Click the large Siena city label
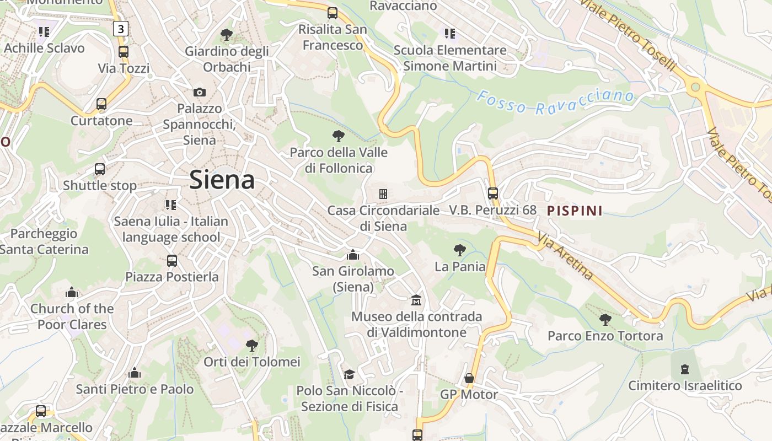click(222, 180)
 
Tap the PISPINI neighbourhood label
click(575, 211)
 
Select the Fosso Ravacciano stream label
click(555, 102)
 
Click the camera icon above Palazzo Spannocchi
click(200, 92)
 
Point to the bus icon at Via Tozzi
click(124, 52)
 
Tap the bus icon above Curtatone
click(101, 104)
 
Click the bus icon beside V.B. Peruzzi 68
click(493, 193)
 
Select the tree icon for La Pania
click(459, 250)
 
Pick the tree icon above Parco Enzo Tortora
click(605, 319)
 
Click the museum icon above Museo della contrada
click(417, 300)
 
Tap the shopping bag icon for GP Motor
click(469, 378)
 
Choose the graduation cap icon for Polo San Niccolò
click(349, 375)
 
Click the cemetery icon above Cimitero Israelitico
click(685, 369)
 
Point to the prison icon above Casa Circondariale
click(383, 194)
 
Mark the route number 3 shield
click(120, 29)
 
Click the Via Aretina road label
click(565, 256)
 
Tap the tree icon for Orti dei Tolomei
click(252, 346)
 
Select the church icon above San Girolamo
click(353, 255)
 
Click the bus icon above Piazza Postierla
click(172, 260)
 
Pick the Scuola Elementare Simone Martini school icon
click(450, 34)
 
